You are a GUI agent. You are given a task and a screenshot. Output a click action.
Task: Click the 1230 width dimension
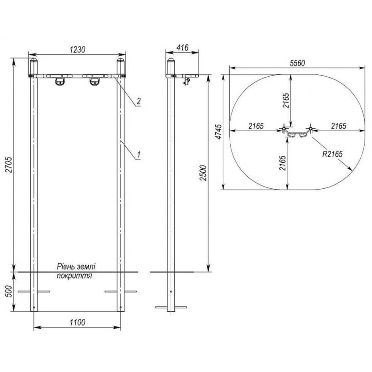tap(77, 50)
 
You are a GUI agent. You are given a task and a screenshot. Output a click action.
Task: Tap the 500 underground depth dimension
tap(8, 292)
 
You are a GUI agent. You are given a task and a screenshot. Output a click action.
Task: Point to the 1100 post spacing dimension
tap(77, 322)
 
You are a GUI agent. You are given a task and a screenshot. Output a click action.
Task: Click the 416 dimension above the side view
tap(182, 47)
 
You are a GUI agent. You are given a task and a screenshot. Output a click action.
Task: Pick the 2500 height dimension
tap(203, 173)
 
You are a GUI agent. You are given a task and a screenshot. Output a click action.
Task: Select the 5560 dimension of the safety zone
tap(297, 63)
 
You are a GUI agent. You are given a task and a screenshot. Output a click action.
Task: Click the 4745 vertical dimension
tap(219, 132)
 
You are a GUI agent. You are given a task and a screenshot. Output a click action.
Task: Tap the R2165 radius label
tap(332, 154)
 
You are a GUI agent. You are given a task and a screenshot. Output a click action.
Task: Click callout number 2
tap(138, 101)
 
